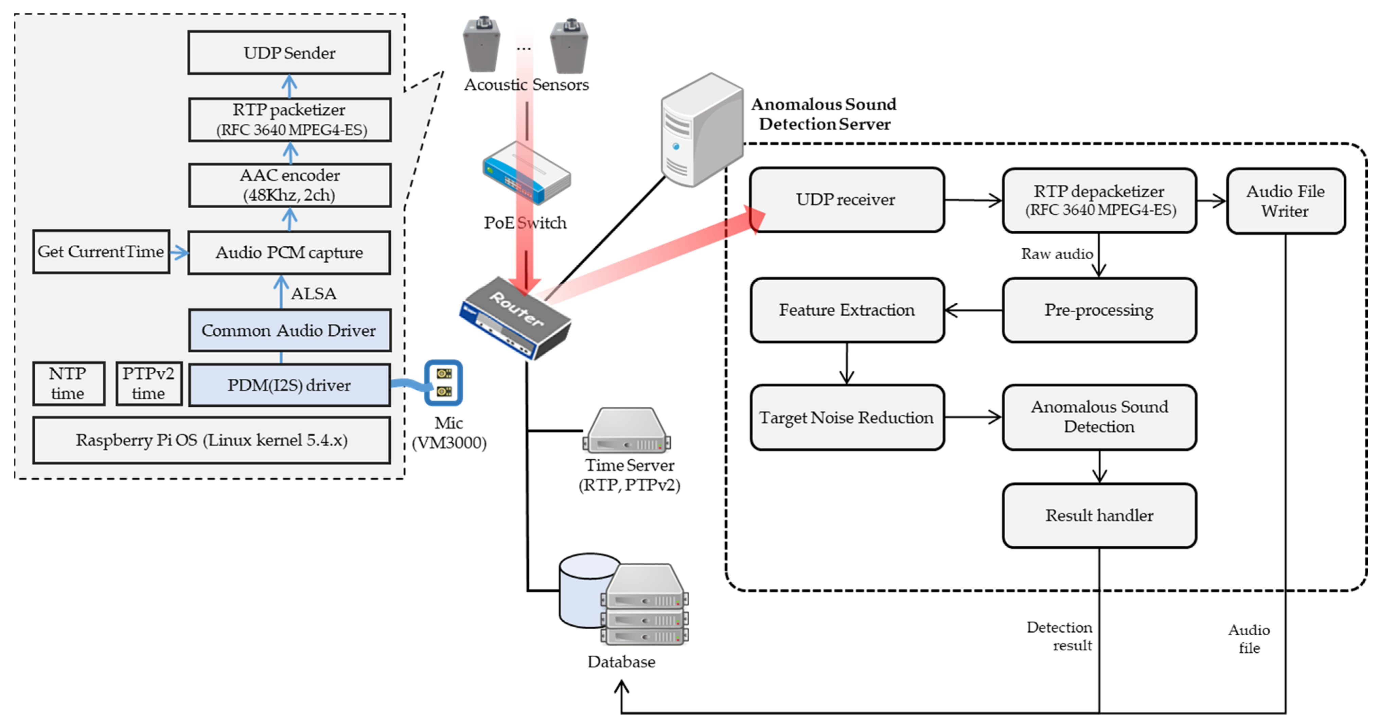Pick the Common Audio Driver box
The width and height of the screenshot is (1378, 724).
(x=289, y=330)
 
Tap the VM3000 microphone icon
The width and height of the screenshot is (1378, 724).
(x=443, y=383)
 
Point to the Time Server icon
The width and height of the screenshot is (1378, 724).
(x=627, y=431)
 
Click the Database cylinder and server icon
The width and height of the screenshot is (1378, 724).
(x=623, y=599)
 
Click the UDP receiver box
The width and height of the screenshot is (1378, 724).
(x=846, y=199)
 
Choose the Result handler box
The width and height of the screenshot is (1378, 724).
(x=1099, y=515)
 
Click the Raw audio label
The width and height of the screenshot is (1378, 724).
(x=1057, y=254)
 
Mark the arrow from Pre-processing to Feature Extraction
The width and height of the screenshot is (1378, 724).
(x=974, y=310)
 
